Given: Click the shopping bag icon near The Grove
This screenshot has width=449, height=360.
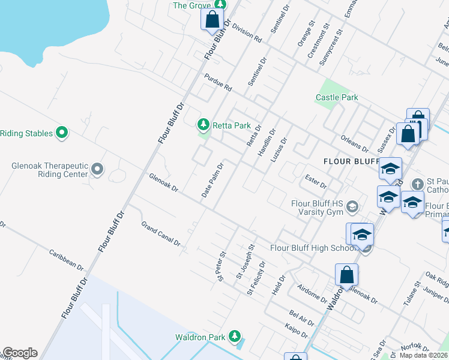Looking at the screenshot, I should [212, 19].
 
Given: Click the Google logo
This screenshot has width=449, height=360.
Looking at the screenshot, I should [19, 353].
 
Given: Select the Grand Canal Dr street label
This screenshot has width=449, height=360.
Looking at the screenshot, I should [161, 233].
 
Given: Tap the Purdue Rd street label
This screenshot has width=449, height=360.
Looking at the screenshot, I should [217, 82].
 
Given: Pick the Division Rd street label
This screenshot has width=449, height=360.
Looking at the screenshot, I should [247, 33].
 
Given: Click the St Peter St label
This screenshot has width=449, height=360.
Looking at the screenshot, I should [221, 266].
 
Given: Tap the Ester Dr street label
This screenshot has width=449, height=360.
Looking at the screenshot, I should [315, 181].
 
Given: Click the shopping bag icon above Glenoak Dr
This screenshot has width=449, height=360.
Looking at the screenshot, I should [346, 275].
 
